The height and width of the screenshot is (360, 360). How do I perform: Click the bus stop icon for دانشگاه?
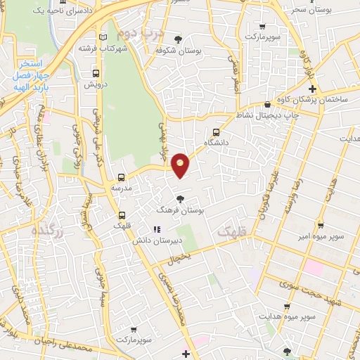pos(216,131)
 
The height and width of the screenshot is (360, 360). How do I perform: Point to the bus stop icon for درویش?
pos(96,72)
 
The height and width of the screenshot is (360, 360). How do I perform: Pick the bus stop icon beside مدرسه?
pos(122,178)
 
